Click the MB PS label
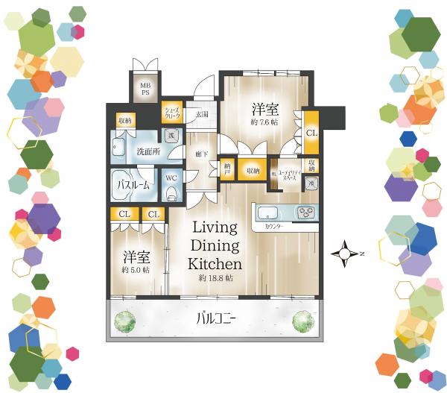pyautogui.click(x=145, y=89)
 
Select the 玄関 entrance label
pyautogui.click(x=201, y=115)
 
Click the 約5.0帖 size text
pyautogui.click(x=136, y=269)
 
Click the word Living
pyautogui.click(x=215, y=227)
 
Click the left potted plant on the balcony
pyautogui.click(x=124, y=321)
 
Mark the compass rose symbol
pyautogui.click(x=345, y=254)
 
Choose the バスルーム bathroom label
pyautogui.click(x=133, y=183)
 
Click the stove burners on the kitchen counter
pyautogui.click(x=306, y=212)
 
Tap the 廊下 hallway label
pyautogui.click(x=200, y=154)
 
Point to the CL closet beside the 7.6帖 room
pyautogui.click(x=311, y=132)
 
